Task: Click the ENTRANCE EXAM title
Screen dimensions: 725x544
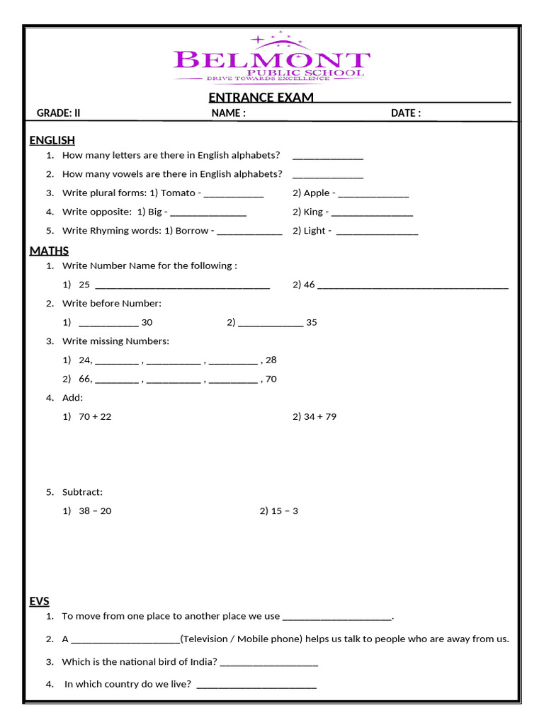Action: [261, 98]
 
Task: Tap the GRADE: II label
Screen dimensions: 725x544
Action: [59, 113]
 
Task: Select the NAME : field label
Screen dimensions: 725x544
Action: [228, 113]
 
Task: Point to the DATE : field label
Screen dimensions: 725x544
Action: [405, 113]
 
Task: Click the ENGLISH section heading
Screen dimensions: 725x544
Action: [52, 140]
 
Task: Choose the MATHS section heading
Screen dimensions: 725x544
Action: [49, 251]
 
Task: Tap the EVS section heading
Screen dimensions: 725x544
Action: [39, 601]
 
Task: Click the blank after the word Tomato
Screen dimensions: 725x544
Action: [233, 194]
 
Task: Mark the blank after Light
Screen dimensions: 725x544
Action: [377, 232]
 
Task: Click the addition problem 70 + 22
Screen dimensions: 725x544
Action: [95, 416]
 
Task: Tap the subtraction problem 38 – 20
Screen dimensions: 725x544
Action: [95, 510]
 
